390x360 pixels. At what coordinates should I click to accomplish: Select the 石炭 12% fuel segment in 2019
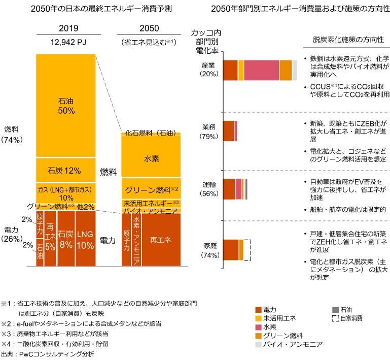pos(66,170)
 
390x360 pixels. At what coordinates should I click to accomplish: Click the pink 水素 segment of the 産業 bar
pos(261,70)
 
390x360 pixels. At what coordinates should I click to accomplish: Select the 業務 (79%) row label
pos(209,130)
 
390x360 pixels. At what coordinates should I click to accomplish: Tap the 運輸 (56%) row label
pos(209,189)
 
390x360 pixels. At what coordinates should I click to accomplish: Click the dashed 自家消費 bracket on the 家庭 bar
pos(247,250)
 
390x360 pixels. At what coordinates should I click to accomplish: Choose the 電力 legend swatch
pos(259,310)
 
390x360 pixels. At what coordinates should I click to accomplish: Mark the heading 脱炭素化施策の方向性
pos(348,39)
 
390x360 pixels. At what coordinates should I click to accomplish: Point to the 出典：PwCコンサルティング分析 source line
pos(48,353)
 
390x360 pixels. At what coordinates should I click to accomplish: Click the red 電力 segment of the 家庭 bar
pos(231,250)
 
